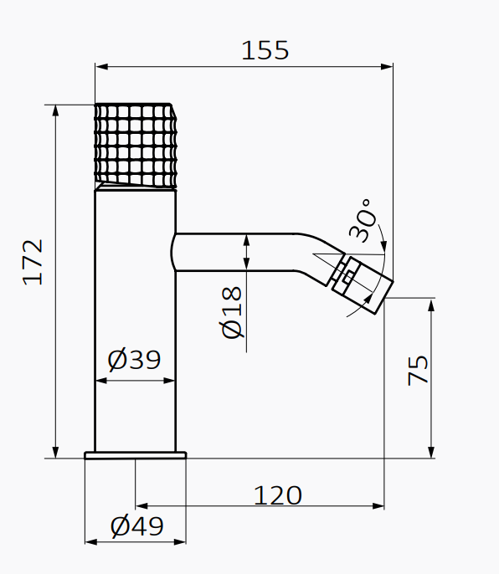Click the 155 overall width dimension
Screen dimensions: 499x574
click(x=265, y=50)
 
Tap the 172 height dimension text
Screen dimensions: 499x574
click(x=33, y=262)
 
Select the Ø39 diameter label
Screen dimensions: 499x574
click(x=134, y=360)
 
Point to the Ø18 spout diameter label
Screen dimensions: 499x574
click(x=232, y=313)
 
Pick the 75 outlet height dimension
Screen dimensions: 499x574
click(x=418, y=370)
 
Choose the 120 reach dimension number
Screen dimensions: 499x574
click(x=278, y=495)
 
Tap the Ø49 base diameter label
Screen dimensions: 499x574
click(x=137, y=526)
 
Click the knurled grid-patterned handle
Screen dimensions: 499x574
click(x=136, y=146)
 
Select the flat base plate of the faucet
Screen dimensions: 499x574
click(x=135, y=455)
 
